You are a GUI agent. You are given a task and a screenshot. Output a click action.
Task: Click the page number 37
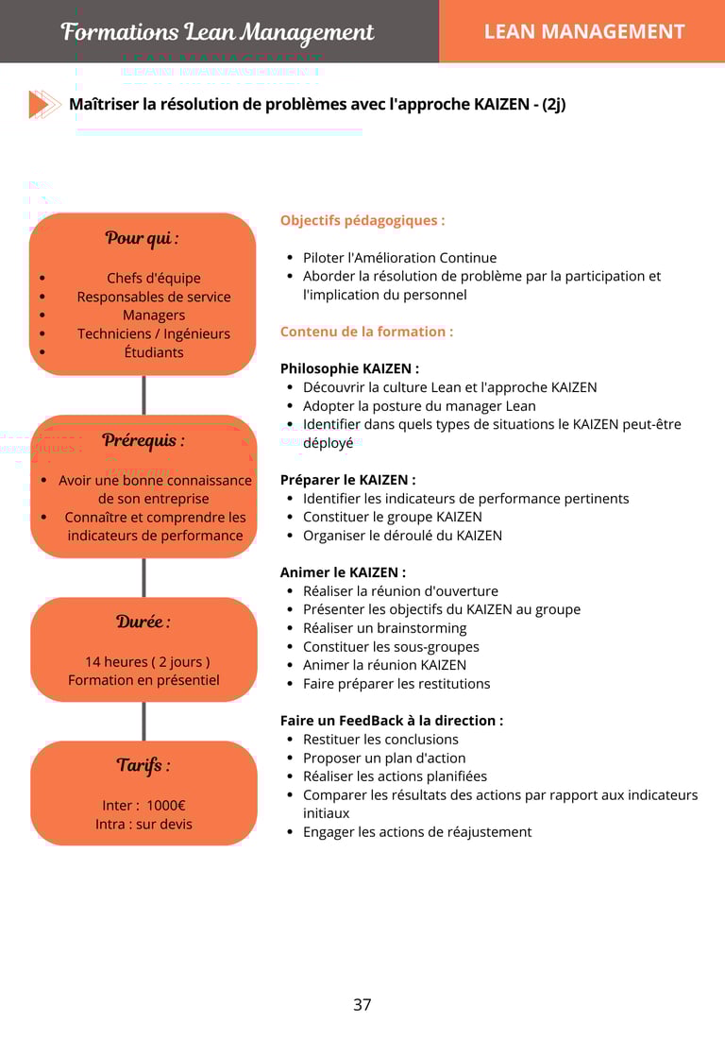click(x=362, y=1005)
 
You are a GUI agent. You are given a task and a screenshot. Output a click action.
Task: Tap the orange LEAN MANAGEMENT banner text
click(x=583, y=32)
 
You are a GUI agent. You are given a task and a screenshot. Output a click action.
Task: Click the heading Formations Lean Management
click(x=217, y=32)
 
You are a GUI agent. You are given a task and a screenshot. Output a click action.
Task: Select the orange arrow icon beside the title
click(x=44, y=104)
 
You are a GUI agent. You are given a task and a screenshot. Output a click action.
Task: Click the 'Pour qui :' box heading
click(x=143, y=238)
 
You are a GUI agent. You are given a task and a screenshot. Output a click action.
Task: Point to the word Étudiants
click(x=154, y=352)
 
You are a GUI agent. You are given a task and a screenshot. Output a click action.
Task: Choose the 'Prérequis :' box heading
click(x=143, y=440)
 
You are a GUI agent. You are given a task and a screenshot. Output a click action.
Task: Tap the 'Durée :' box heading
click(x=143, y=622)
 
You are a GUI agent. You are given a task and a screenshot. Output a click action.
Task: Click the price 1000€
click(x=166, y=806)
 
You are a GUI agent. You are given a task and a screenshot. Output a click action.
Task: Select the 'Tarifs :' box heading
click(x=143, y=765)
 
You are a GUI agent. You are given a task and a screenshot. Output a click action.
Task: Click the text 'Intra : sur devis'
click(x=143, y=824)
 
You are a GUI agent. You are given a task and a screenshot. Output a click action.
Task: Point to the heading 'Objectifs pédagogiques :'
click(x=362, y=221)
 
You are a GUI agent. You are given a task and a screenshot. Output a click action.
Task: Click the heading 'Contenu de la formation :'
click(x=366, y=332)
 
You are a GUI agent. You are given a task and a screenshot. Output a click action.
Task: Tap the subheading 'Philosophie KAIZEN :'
click(x=349, y=368)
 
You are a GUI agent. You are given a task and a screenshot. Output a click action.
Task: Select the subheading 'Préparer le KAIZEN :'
click(x=347, y=480)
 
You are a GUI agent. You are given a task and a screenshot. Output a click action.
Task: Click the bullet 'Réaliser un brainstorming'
click(x=384, y=628)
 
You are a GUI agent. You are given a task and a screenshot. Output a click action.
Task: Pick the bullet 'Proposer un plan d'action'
click(x=383, y=758)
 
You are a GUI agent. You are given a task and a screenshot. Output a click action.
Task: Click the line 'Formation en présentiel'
click(x=143, y=680)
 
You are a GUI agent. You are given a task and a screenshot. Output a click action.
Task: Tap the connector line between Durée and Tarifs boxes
click(x=143, y=722)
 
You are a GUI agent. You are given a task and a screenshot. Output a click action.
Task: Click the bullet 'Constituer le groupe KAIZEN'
click(x=392, y=517)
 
